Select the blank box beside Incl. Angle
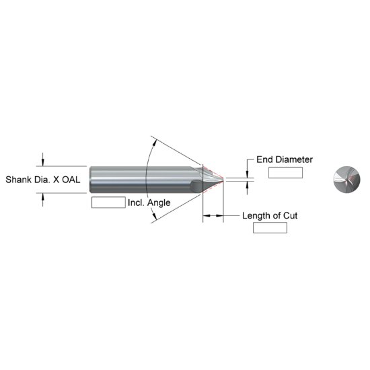coord(108,202)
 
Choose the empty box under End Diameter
coord(285,173)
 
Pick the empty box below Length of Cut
coord(270,228)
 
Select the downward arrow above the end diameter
coord(248,173)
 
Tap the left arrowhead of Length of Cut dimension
coord(206,216)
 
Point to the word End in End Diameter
coord(265,159)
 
